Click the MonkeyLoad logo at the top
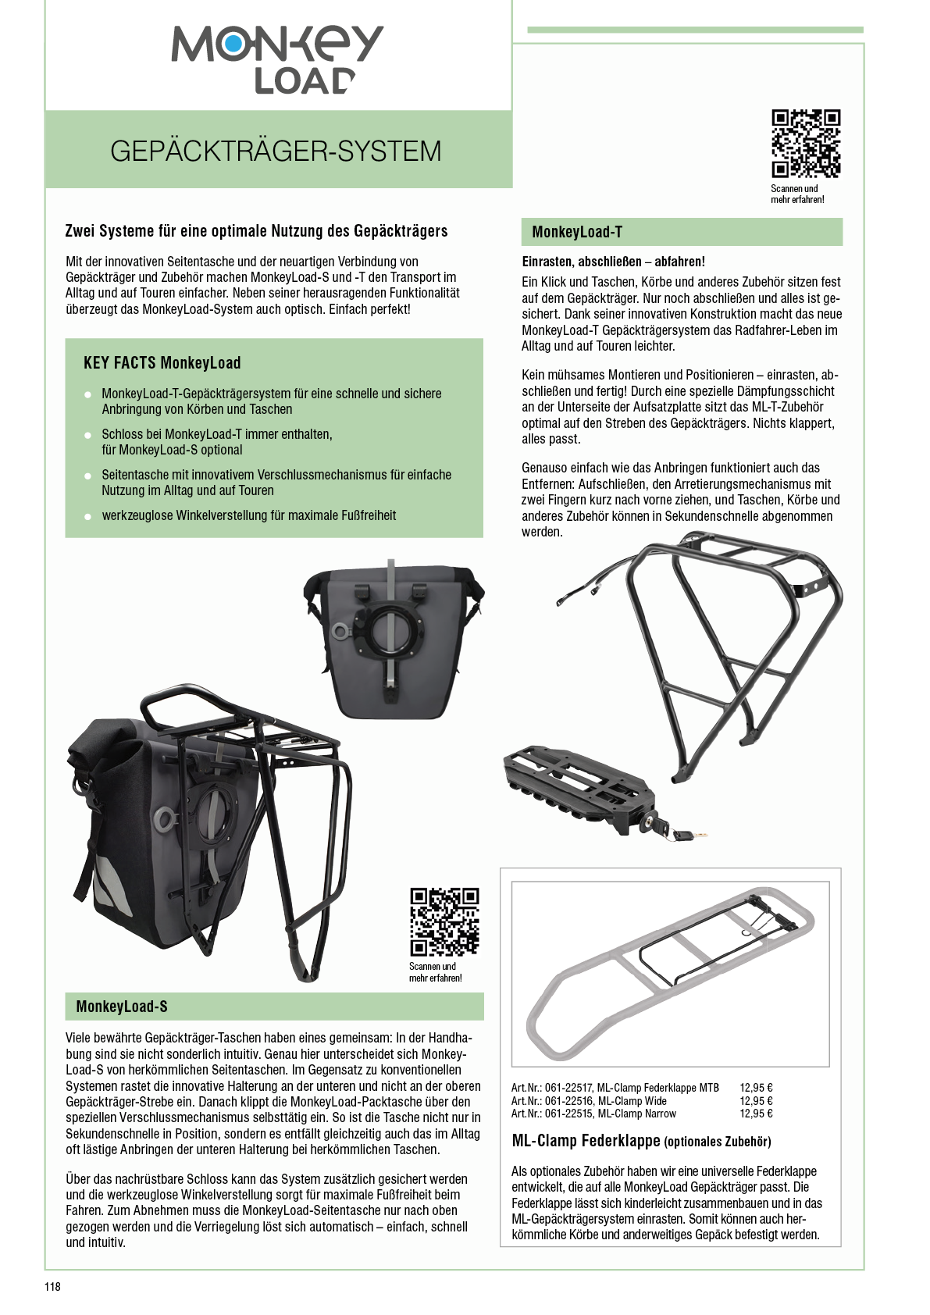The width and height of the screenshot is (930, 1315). point(277,59)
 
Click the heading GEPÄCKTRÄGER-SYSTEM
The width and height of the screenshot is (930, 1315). point(276,151)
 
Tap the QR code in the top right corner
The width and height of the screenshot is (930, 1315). point(806,143)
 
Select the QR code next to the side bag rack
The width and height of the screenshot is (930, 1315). point(444,921)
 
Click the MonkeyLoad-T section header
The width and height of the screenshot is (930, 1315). point(577,232)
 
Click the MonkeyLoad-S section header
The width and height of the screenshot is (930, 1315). point(122,1007)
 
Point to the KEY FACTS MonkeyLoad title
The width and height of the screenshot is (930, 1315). point(162,363)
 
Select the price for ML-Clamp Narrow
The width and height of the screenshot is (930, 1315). point(756,1114)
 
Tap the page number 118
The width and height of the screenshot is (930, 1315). point(52,1287)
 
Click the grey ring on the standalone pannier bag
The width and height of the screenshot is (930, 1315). point(340,630)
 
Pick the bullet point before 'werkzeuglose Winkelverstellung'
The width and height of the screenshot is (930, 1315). point(88,516)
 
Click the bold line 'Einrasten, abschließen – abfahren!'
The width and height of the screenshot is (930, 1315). point(613,262)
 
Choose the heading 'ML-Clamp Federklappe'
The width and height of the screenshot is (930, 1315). point(586,1141)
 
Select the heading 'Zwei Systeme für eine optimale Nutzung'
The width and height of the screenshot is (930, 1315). point(256,231)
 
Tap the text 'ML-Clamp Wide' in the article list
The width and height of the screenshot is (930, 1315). point(632,1101)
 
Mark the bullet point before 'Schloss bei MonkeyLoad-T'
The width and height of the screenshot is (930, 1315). point(88,435)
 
